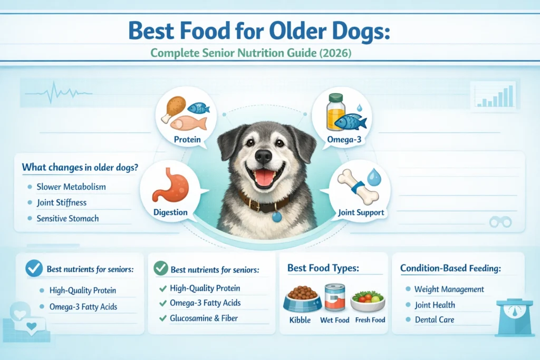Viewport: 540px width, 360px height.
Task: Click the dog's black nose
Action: click(264, 156)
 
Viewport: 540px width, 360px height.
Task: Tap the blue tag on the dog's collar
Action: click(276, 217)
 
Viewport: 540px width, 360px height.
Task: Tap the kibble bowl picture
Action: click(302, 299)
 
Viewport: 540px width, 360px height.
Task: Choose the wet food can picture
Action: click(335, 298)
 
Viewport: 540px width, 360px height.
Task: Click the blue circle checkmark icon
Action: click(34, 268)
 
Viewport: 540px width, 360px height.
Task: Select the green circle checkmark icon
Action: click(161, 268)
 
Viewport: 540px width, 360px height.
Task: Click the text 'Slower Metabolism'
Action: click(71, 187)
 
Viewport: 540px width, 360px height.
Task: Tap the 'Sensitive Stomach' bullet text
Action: click(68, 219)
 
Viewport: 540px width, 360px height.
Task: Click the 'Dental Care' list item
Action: click(435, 320)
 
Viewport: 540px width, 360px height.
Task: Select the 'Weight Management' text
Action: click(449, 289)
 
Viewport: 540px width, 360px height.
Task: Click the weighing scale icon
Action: click(515, 317)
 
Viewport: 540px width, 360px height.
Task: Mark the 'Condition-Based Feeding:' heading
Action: click(450, 268)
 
